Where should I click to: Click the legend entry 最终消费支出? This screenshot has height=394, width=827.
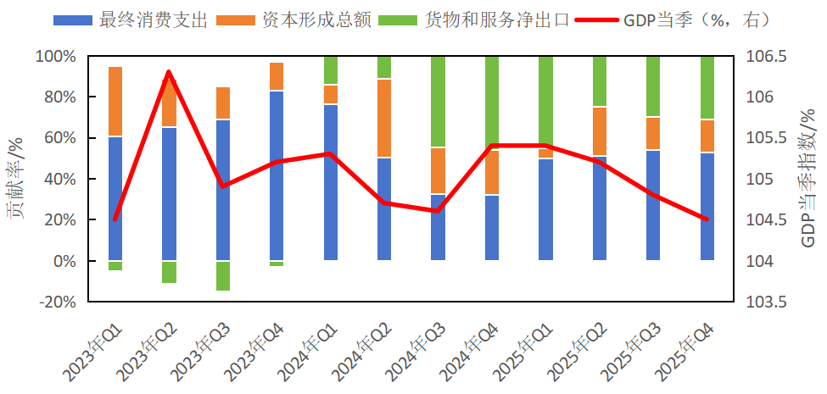(x=131, y=21)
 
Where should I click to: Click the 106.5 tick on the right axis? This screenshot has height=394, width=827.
(x=766, y=57)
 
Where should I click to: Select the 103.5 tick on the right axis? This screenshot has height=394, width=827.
(x=766, y=302)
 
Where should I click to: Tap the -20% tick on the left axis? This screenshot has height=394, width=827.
(x=56, y=302)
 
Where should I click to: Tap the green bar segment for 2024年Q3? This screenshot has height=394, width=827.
(x=438, y=102)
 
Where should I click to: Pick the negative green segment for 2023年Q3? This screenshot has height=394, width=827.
(x=223, y=275)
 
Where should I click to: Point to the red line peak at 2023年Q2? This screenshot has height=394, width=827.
(x=169, y=72)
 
